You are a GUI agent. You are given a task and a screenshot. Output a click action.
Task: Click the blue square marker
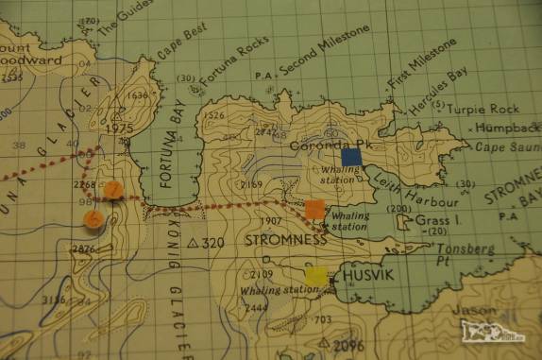pyautogui.click(x=351, y=157)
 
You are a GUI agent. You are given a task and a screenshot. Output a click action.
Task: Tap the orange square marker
pyautogui.click(x=315, y=210)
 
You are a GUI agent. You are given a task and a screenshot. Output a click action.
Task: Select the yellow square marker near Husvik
pyautogui.click(x=318, y=276)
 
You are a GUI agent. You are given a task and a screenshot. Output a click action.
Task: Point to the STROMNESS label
pyautogui.click(x=285, y=240)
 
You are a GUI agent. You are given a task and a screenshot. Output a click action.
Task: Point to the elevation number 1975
pyautogui.click(x=119, y=128)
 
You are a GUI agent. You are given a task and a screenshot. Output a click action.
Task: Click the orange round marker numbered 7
pyautogui.click(x=113, y=190)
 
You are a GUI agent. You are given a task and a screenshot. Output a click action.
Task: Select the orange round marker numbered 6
pyautogui.click(x=93, y=219)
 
